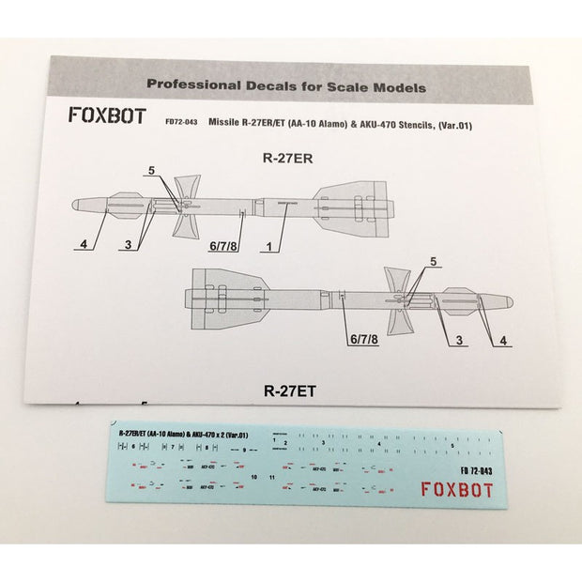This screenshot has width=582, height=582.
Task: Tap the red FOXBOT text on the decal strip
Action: pos(455,488)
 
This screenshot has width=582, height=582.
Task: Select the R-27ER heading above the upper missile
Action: pos(287,159)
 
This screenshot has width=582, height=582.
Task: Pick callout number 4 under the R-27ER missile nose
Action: pos(84,245)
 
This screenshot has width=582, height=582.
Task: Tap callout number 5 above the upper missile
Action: pos(149,170)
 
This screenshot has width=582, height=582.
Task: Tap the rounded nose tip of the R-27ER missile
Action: pos(75,205)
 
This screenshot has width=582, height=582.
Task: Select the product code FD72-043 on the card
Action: pos(180,121)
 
